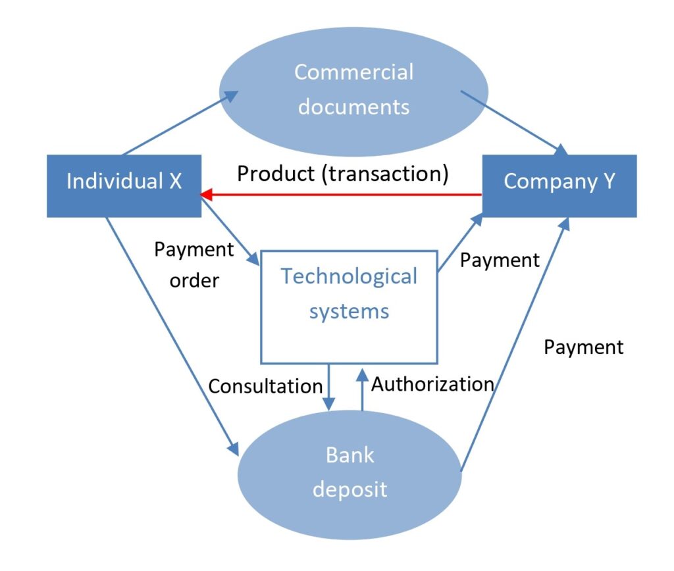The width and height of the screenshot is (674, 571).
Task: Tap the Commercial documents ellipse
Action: [353, 89]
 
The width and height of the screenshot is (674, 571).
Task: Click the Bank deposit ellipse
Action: [350, 472]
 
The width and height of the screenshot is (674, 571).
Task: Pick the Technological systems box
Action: [350, 306]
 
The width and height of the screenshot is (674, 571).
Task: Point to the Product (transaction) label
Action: [343, 174]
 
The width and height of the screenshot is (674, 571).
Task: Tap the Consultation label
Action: [265, 385]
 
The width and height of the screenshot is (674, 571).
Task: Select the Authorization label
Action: [432, 384]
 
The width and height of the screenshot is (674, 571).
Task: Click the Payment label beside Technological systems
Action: [500, 260]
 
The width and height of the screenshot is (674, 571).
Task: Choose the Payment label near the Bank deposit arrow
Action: [583, 347]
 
